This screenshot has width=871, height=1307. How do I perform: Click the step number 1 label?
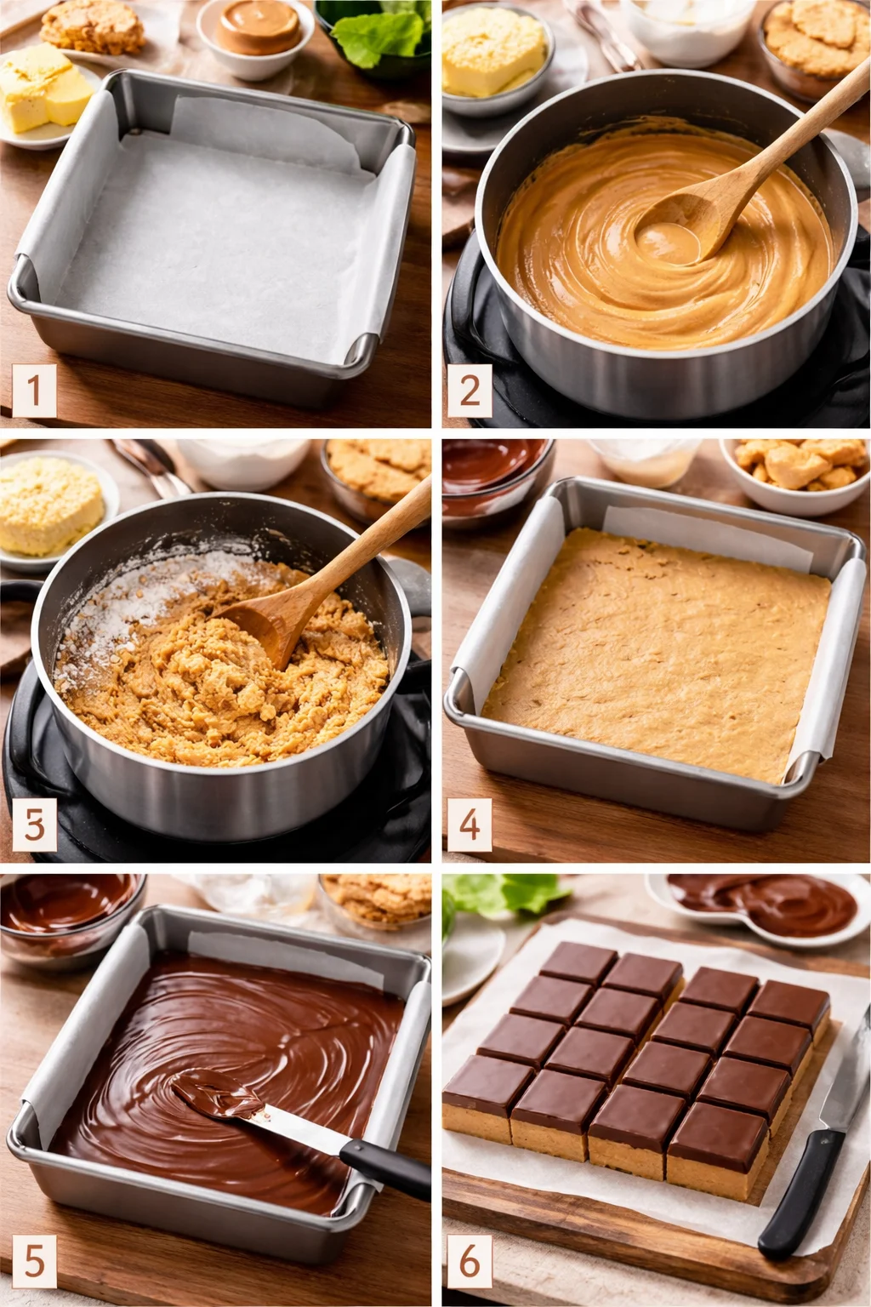point(34,391)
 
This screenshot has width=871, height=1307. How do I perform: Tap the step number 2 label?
point(470,391)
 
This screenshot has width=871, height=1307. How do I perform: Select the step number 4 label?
point(470,825)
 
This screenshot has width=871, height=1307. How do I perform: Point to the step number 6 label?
point(470,1260)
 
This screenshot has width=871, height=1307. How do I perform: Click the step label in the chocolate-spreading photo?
point(34,1260)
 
